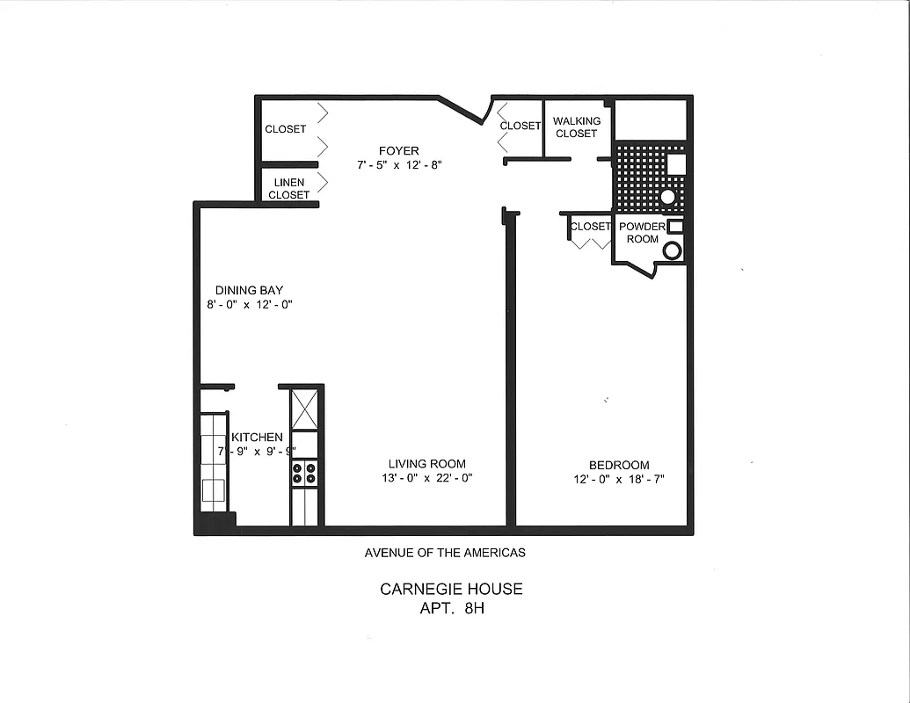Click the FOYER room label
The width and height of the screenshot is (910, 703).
pyautogui.click(x=398, y=150)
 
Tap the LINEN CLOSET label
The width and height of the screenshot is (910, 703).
pyautogui.click(x=288, y=188)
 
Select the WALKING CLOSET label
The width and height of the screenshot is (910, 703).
pyautogui.click(x=577, y=127)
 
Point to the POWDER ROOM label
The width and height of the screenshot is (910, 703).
pyautogui.click(x=642, y=232)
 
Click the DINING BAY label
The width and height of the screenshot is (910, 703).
pyautogui.click(x=249, y=290)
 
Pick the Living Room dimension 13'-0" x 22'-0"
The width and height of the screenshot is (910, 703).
pyautogui.click(x=426, y=479)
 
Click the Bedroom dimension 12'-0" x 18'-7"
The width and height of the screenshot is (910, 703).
pyautogui.click(x=619, y=480)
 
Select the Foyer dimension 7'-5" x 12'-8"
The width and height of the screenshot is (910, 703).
pyautogui.click(x=398, y=164)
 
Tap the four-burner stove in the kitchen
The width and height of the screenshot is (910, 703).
pyautogui.click(x=304, y=474)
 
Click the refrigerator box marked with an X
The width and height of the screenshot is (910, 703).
pyautogui.click(x=304, y=409)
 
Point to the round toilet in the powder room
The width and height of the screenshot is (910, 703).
pyautogui.click(x=672, y=250)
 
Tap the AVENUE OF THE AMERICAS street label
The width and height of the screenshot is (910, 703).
pyautogui.click(x=445, y=553)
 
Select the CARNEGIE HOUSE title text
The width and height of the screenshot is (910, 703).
pyautogui.click(x=451, y=589)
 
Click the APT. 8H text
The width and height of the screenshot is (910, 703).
pyautogui.click(x=452, y=607)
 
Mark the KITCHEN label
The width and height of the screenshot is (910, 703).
pyautogui.click(x=257, y=437)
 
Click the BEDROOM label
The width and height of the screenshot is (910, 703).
pyautogui.click(x=619, y=465)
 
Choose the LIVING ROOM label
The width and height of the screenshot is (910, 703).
pyautogui.click(x=427, y=464)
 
